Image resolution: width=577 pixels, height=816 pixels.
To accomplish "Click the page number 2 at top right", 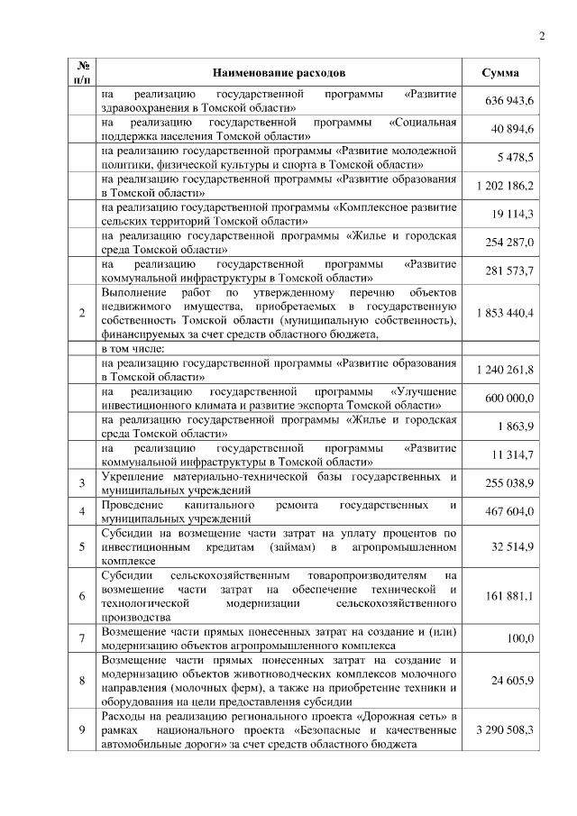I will click(x=542, y=36).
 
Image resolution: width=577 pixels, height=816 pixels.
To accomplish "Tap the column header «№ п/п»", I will click(x=83, y=71).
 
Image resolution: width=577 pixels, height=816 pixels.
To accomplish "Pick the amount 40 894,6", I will click(x=515, y=130).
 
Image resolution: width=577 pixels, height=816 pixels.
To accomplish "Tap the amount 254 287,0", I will click(x=512, y=243).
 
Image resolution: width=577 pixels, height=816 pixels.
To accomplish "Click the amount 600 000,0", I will click(x=511, y=398).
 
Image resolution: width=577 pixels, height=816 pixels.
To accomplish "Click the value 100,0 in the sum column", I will click(x=520, y=639).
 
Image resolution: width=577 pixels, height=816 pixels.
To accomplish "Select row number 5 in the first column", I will click(x=83, y=546).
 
